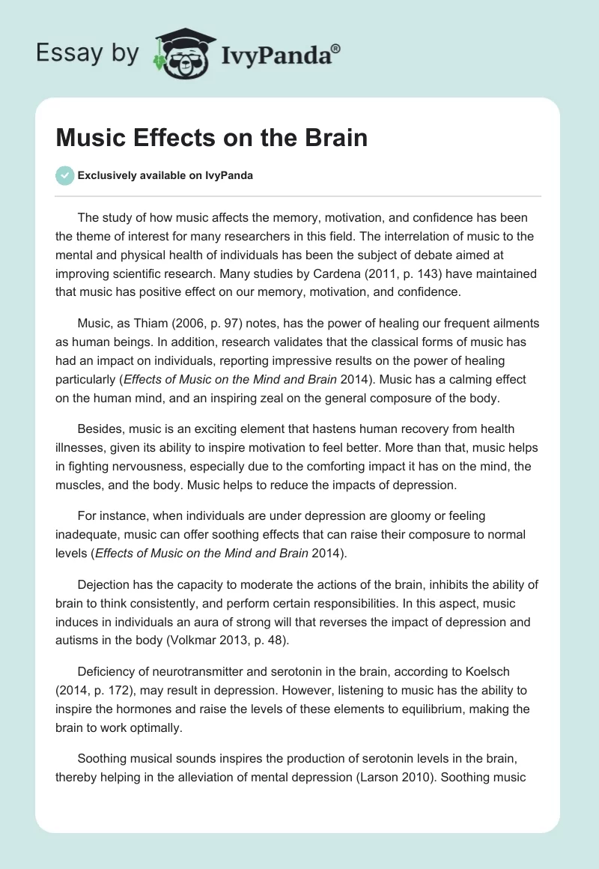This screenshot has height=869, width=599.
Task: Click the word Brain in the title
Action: (x=335, y=139)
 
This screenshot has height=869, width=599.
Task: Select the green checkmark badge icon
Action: (x=64, y=176)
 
